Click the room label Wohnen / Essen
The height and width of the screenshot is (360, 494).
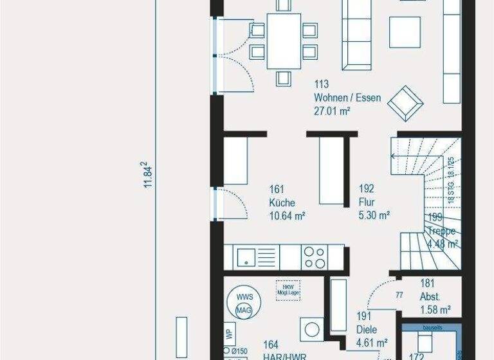tap(347, 98)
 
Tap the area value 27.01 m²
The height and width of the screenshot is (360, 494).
tap(332, 111)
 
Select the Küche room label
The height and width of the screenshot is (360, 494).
tap(281, 203)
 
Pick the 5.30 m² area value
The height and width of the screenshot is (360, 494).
tap(374, 216)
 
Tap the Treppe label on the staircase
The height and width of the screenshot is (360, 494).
tap(444, 231)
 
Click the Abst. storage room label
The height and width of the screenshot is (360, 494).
tap(430, 297)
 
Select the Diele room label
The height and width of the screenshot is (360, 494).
tap(367, 330)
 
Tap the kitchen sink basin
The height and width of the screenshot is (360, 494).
tap(247, 258)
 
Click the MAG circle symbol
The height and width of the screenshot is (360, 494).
tap(244, 311)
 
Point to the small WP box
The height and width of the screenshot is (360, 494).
tap(228, 334)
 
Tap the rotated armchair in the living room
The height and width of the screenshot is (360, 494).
tap(407, 102)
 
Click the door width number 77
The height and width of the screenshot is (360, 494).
tap(399, 296)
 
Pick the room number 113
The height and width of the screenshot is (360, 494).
tap(322, 84)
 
